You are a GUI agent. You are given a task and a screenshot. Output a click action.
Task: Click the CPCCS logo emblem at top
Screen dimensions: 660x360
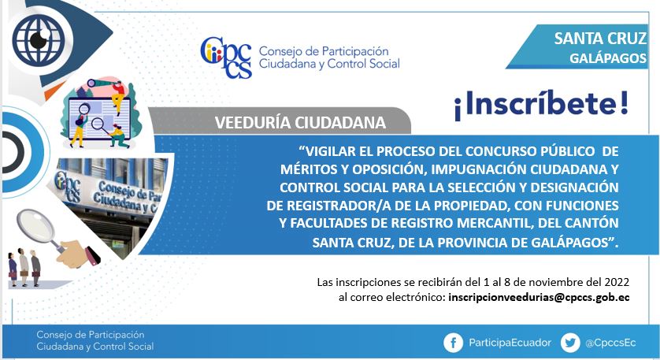(x=226, y=58)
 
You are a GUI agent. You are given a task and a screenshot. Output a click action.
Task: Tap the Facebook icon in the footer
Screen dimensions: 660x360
(x=454, y=343)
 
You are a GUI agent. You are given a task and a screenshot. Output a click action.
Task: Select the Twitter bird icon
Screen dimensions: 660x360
(x=570, y=343)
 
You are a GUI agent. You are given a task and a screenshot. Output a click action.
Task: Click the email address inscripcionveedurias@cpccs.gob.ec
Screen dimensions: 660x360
(x=539, y=297)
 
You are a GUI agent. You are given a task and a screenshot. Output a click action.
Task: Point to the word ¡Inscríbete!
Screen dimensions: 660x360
(x=541, y=105)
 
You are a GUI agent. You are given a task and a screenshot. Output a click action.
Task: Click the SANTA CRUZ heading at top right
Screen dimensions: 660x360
(x=600, y=39)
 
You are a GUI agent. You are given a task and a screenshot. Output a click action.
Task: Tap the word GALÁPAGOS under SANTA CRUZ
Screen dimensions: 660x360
(x=608, y=58)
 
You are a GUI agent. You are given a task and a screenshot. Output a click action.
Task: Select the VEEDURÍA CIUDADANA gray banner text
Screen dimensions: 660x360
(x=300, y=123)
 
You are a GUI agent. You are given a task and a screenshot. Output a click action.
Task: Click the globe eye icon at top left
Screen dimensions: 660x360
(x=37, y=39)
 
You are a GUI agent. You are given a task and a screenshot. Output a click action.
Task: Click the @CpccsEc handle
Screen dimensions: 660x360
(x=610, y=343)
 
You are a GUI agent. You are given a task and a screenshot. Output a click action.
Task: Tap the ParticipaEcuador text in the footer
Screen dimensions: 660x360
(x=510, y=343)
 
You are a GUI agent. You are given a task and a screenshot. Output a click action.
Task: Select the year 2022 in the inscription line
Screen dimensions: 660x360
(x=617, y=282)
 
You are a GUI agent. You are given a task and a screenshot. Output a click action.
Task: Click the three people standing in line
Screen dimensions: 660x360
(x=24, y=267)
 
